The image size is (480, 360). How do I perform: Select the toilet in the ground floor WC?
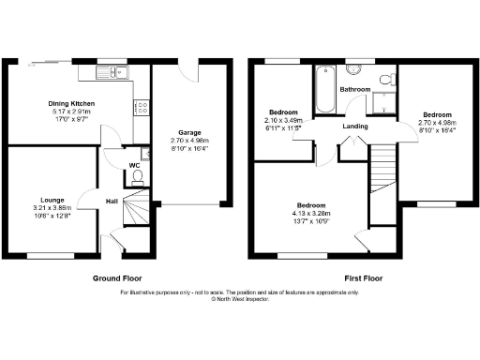(138, 175)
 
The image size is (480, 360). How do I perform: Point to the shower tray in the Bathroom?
(383, 100)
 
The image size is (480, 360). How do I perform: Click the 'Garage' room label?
(190, 133)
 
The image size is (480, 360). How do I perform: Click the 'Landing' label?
(354, 127)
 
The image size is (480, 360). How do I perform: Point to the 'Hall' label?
(111, 201)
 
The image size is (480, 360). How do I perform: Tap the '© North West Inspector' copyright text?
(239, 301)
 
